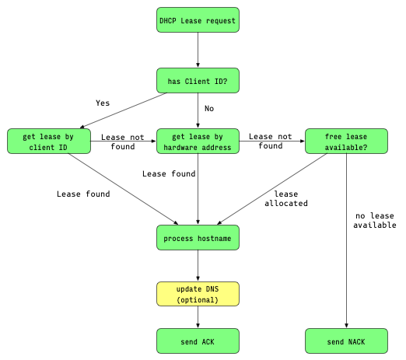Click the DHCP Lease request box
[x=198, y=20]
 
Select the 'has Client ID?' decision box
[x=198, y=81]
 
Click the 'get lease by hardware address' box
[x=198, y=142]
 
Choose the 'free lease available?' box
[x=346, y=142]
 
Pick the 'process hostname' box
[x=198, y=237]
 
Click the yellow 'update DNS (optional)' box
[x=198, y=294]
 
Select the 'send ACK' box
[x=198, y=341]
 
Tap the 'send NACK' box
[x=346, y=341]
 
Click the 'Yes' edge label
[x=103, y=102]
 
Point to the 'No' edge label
[x=208, y=108]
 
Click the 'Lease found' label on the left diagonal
[x=83, y=194]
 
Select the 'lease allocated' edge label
[x=286, y=198]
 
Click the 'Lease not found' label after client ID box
[x=123, y=142]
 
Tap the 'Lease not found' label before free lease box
[x=271, y=141]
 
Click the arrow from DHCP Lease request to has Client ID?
[x=198, y=51]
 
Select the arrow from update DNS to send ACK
[x=198, y=317]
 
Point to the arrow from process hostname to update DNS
[x=198, y=265]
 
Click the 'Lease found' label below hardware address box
[x=169, y=174]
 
